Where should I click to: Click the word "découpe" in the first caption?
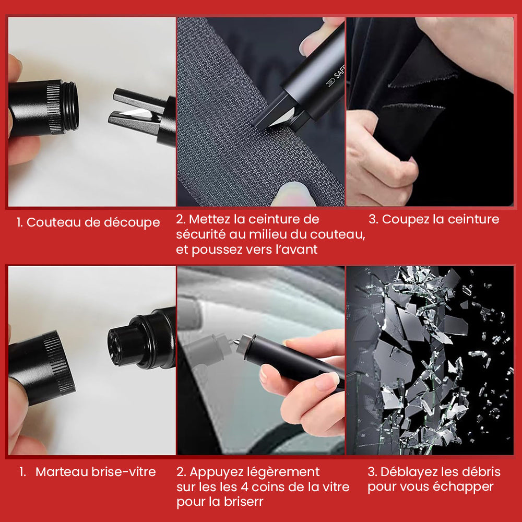click(x=132, y=223)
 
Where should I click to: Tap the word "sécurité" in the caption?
click(x=201, y=234)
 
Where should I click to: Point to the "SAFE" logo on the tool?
click(x=336, y=77)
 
